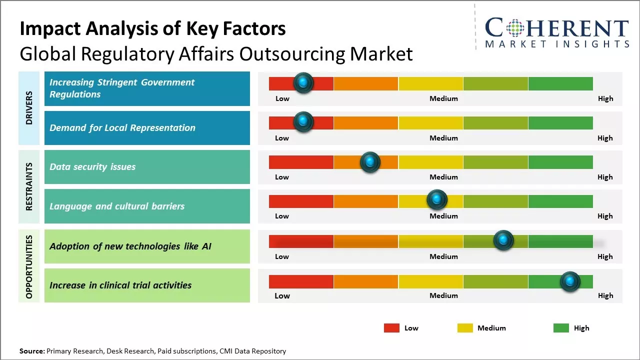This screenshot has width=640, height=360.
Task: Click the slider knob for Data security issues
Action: click(370, 162)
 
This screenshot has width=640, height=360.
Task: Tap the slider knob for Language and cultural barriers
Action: click(437, 200)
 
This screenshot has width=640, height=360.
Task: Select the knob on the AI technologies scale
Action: click(503, 240)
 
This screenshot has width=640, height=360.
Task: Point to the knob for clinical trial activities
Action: click(570, 281)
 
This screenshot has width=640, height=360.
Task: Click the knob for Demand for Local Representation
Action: click(303, 121)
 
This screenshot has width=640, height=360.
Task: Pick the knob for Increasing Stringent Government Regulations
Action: click(303, 82)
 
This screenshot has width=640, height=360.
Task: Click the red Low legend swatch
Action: click(391, 328)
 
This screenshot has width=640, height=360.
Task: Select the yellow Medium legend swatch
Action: click(465, 328)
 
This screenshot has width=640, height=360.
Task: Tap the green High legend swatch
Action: click(561, 328)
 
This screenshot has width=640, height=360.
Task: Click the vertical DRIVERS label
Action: click(29, 107)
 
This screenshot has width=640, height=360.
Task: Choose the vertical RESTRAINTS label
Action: click(29, 186)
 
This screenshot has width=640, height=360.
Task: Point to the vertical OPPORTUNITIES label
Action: click(29, 266)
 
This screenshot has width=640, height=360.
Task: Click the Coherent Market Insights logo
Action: click(556, 33)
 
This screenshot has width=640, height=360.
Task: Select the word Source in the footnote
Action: click(32, 351)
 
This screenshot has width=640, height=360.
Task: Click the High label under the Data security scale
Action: click(605, 177)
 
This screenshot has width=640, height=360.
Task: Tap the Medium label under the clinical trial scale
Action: click(443, 295)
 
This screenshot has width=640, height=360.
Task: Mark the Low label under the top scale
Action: click(282, 98)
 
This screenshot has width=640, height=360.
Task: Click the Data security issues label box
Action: click(147, 167)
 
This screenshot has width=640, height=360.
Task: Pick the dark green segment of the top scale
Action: click(560, 83)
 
